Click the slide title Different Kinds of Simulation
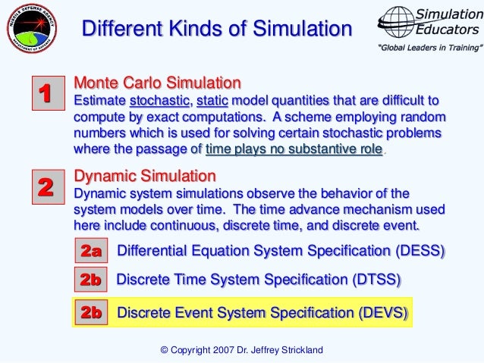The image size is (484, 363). click(x=217, y=30)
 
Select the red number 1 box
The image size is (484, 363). click(x=44, y=94)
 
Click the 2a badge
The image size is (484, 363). click(x=91, y=251)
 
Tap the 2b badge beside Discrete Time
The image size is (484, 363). click(x=91, y=280)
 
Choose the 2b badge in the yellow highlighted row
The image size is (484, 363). click(x=91, y=311)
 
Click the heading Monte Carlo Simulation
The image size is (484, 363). click(x=157, y=82)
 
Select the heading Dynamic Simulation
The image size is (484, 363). click(x=145, y=176)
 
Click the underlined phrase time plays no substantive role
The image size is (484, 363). click(x=294, y=149)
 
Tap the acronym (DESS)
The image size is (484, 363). click(x=419, y=251)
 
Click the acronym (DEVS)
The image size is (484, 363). click(x=382, y=311)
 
